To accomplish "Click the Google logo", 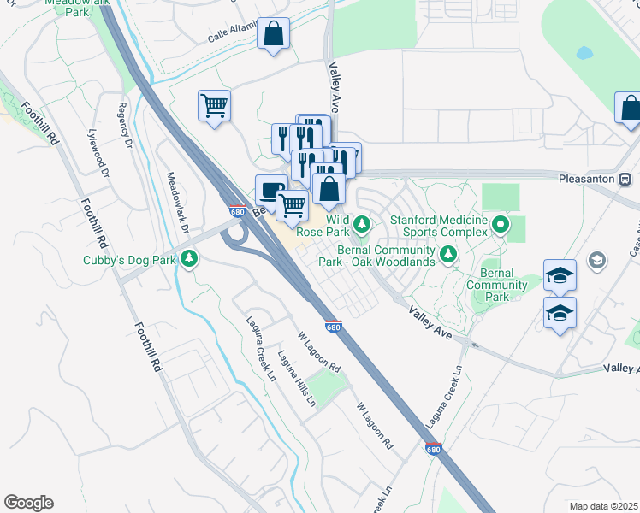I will pyautogui.click(x=28, y=503).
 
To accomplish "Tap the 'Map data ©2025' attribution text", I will pyautogui.click(x=603, y=506).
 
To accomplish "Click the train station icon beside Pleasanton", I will pyautogui.click(x=625, y=180).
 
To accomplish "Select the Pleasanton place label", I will pyautogui.click(x=587, y=180).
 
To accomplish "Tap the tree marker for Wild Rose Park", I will pyautogui.click(x=362, y=224).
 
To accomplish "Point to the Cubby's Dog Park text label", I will pyautogui.click(x=129, y=259).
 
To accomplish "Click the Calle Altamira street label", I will pyautogui.click(x=233, y=33).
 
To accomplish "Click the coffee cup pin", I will pyautogui.click(x=271, y=189).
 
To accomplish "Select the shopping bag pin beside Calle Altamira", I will pyautogui.click(x=273, y=35).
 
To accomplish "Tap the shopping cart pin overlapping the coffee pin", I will pyautogui.click(x=293, y=205).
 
